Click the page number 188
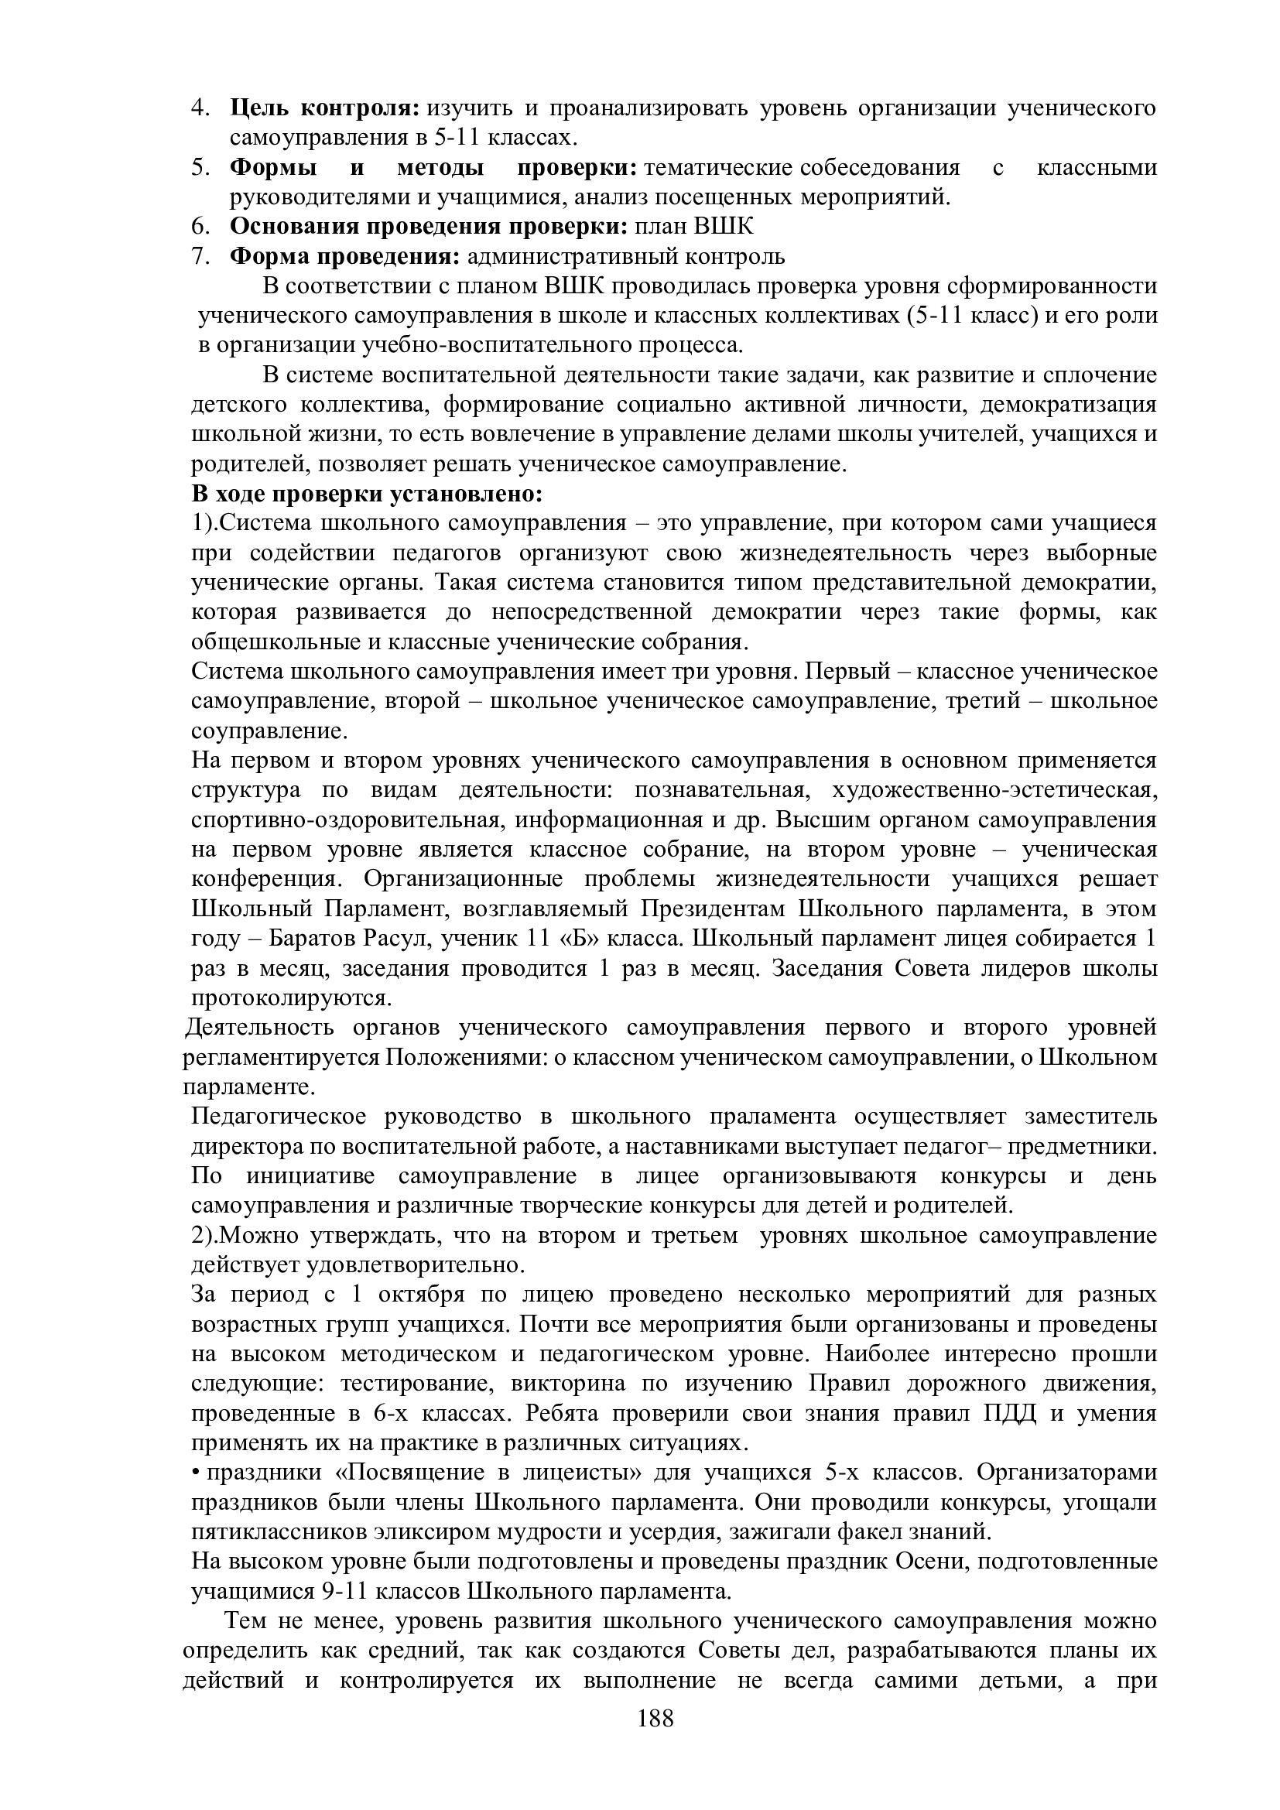tap(655, 1719)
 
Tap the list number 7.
tap(200, 256)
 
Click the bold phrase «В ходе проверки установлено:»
tap(368, 494)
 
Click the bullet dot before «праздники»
tap(197, 1473)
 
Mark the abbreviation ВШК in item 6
tap(723, 226)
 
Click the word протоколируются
tap(291, 998)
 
